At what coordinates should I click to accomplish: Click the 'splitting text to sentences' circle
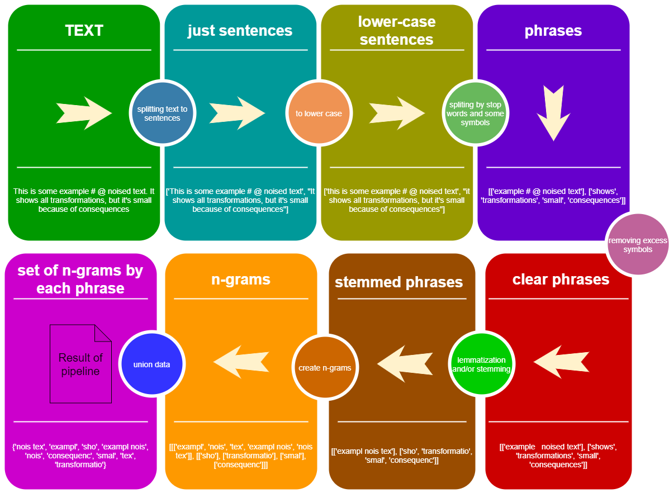click(x=162, y=113)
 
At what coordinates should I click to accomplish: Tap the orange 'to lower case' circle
click(x=319, y=113)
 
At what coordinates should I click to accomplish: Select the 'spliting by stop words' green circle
click(x=475, y=113)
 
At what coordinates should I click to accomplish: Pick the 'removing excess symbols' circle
click(x=638, y=245)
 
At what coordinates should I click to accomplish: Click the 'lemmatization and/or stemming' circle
click(x=481, y=364)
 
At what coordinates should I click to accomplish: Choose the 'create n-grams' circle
click(x=325, y=368)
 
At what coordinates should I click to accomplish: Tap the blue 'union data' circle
click(x=151, y=364)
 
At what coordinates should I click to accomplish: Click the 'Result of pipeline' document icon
click(x=80, y=364)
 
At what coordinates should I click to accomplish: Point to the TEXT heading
click(x=84, y=30)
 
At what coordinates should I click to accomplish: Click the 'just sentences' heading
click(x=240, y=30)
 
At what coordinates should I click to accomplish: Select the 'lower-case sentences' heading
click(x=397, y=31)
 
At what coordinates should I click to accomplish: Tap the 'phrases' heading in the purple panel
click(x=553, y=31)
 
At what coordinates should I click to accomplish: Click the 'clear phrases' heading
click(x=561, y=279)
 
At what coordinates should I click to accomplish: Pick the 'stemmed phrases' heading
click(x=398, y=282)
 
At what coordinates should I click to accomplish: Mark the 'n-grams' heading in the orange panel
click(x=240, y=279)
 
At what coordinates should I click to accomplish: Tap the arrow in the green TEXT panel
click(x=84, y=113)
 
